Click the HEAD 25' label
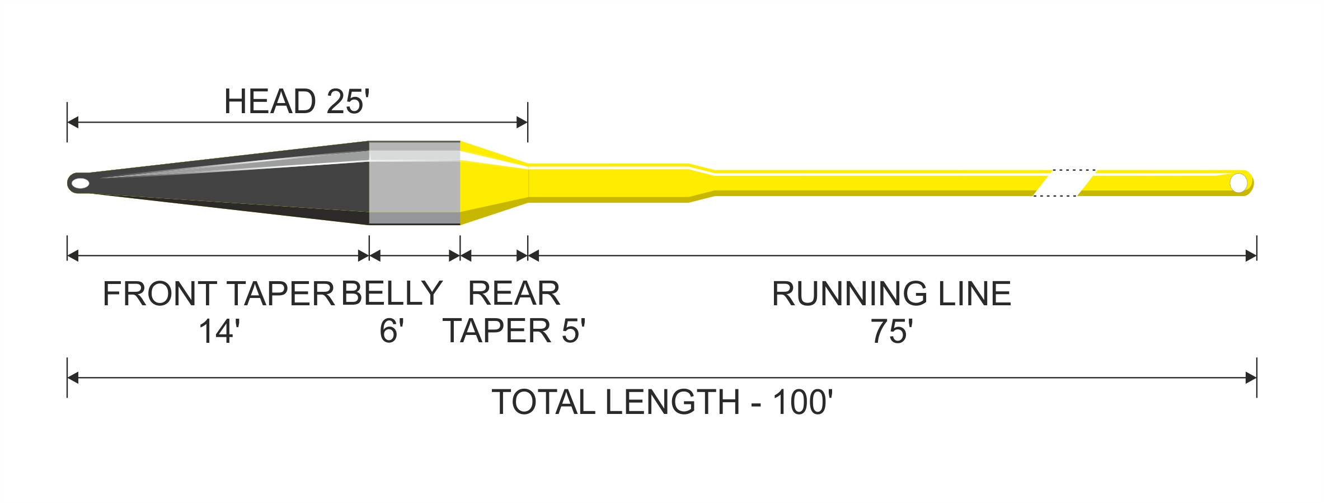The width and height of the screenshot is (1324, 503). tap(297, 101)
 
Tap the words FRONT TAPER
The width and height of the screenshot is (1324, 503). tap(219, 294)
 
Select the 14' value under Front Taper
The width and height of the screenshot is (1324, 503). tap(219, 331)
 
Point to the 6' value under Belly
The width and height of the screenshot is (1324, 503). tap(391, 330)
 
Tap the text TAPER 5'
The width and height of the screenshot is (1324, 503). tap(514, 330)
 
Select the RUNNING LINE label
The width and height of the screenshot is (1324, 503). tap(891, 294)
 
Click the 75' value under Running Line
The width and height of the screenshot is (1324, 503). tap(891, 331)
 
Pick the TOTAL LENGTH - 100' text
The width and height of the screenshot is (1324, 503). tap(662, 402)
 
